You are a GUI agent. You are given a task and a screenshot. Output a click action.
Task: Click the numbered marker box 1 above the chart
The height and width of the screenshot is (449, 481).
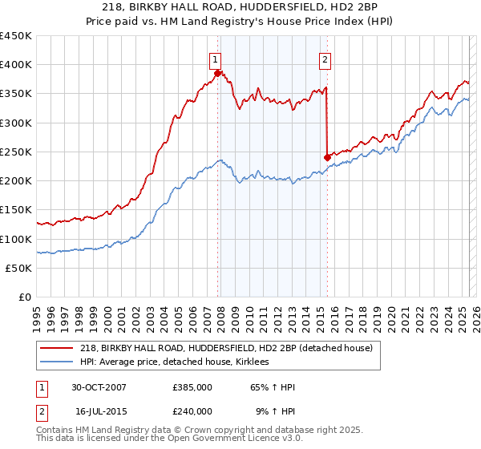(216, 58)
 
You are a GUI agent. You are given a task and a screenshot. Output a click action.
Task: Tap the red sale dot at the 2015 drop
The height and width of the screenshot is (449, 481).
(327, 157)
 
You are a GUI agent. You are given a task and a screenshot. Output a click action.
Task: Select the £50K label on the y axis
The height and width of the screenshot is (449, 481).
(18, 269)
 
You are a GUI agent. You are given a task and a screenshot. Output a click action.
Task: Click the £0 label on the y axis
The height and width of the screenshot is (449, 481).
(24, 297)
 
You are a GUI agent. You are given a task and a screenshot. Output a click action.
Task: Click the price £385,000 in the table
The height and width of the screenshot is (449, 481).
(192, 387)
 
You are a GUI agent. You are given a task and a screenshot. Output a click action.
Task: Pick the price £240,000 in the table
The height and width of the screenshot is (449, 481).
(192, 411)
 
